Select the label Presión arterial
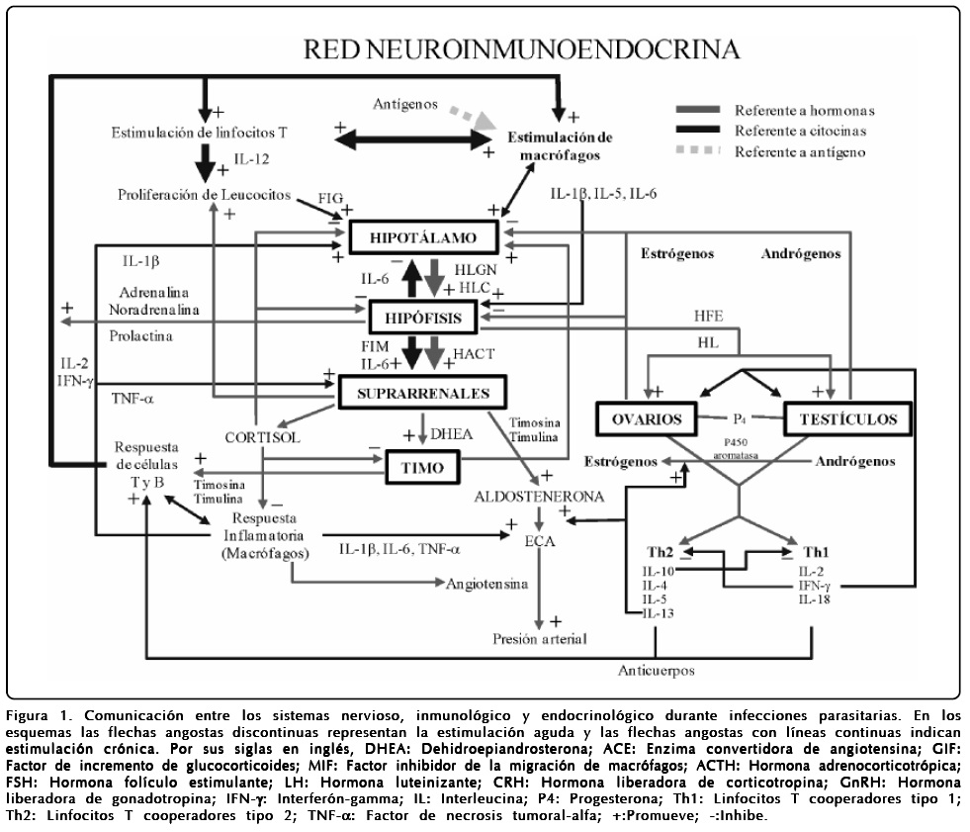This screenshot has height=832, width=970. pyautogui.click(x=539, y=639)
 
